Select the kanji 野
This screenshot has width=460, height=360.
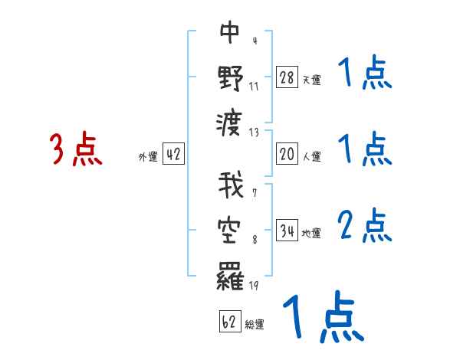click(231, 77)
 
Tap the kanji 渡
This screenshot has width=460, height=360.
click(231, 121)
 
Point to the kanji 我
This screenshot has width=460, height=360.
click(231, 188)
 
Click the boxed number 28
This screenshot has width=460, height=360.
click(287, 78)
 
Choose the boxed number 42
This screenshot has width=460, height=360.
click(173, 155)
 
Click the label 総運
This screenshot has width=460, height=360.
click(255, 324)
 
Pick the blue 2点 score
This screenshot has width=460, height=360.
click(364, 226)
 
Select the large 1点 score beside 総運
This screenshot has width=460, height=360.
click(322, 318)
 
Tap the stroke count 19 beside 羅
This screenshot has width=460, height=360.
click(254, 286)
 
